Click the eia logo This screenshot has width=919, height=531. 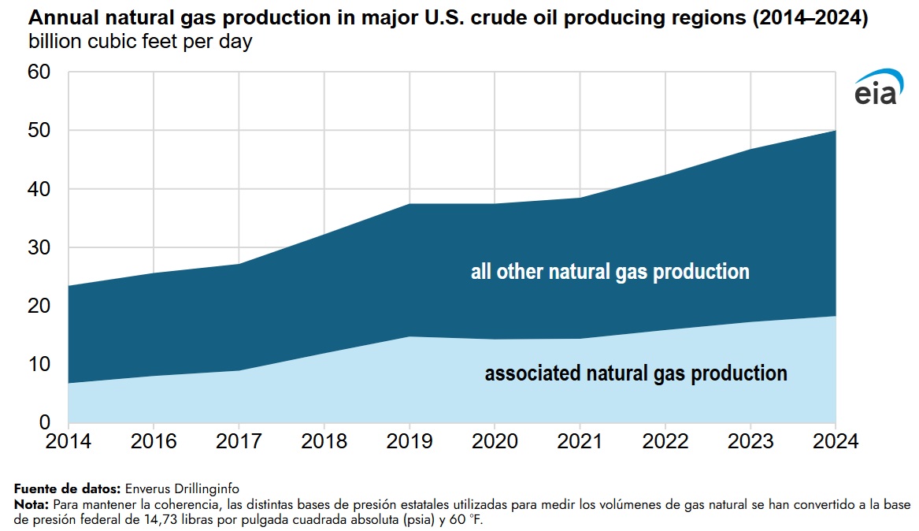click(876, 87)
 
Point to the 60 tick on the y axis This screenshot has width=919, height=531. click(39, 72)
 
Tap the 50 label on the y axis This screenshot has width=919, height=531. click(39, 131)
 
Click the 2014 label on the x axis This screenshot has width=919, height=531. click(69, 441)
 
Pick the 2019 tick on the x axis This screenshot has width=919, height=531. click(409, 441)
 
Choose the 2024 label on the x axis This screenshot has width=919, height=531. click(835, 441)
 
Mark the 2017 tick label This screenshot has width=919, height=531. click(239, 441)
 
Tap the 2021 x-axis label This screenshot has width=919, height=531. click(580, 441)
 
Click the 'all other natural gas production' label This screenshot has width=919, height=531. click(610, 273)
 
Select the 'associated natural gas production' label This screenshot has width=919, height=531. click(636, 373)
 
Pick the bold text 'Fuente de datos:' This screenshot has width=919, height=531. click(68, 488)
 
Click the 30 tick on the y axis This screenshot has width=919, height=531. click(39, 248)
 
